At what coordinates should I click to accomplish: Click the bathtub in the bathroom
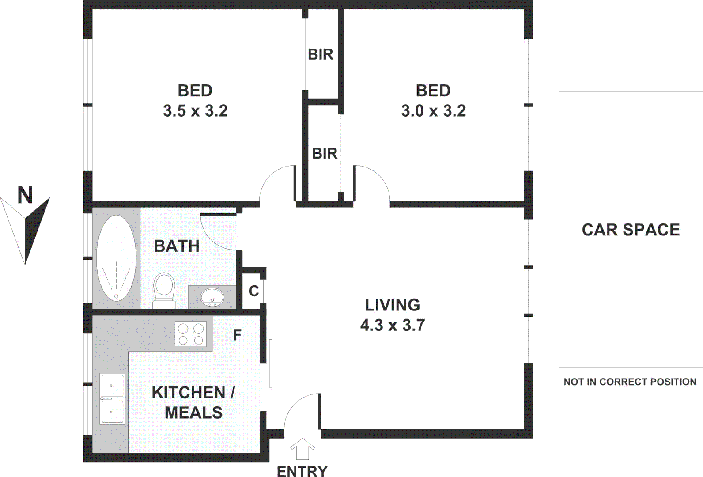point(116,258)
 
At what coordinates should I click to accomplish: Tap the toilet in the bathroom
point(164,289)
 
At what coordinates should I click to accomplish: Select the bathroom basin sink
point(212,297)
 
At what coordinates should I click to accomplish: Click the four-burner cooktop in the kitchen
point(191,334)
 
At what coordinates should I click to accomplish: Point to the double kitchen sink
point(112,398)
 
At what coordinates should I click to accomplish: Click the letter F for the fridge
point(237,335)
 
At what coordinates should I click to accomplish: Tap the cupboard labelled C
point(253,291)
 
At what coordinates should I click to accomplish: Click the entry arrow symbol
point(302,449)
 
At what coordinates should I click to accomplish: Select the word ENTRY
point(302,471)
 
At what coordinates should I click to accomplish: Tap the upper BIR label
point(321,54)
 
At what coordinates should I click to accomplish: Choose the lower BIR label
point(325,153)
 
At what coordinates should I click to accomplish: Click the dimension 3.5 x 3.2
point(195,110)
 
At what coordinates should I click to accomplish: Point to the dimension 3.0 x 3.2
point(433,110)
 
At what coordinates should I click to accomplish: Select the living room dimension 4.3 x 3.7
point(392,325)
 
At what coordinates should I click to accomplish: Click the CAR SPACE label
point(631,230)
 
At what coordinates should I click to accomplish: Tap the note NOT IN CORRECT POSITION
point(630,382)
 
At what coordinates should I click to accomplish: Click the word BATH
point(177,246)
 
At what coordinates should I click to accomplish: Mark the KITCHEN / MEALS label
point(193,402)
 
